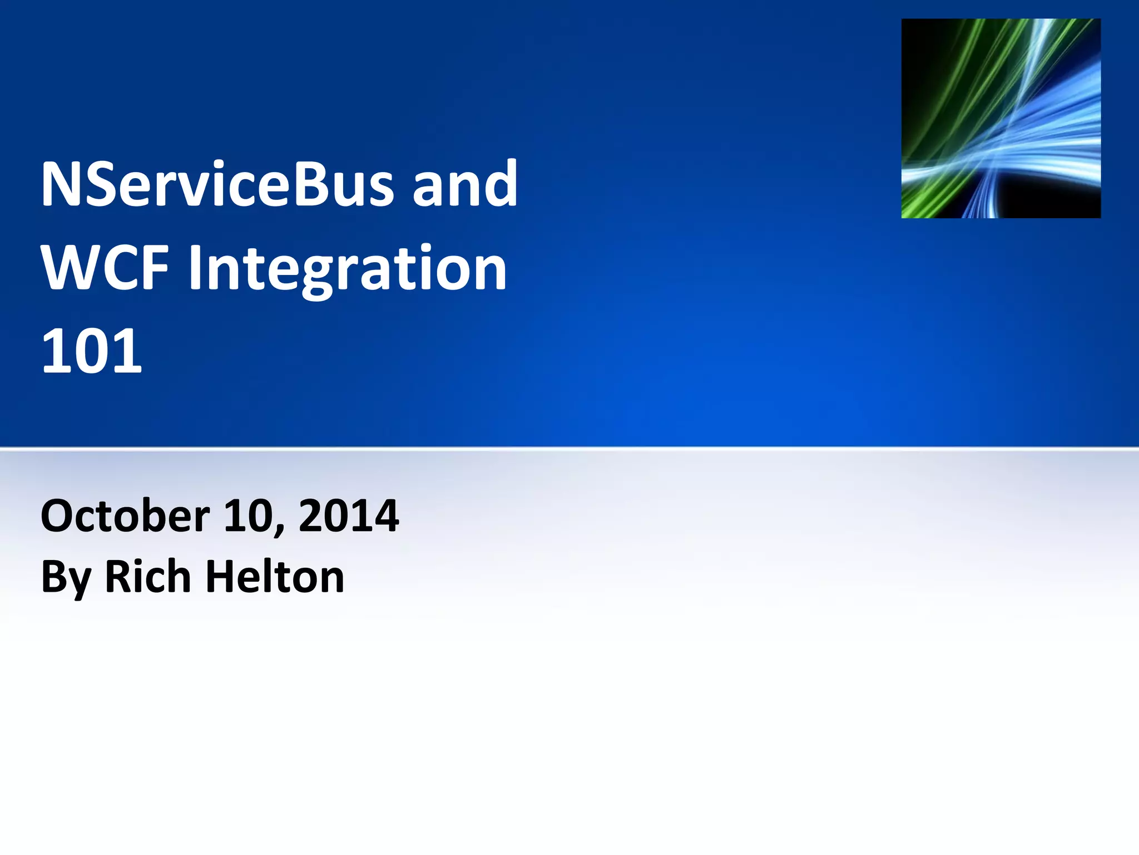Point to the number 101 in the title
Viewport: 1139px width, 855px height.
coord(92,352)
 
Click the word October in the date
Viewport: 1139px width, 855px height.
coord(125,516)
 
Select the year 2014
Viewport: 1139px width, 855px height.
coord(349,516)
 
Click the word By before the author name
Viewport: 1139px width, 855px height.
coord(66,578)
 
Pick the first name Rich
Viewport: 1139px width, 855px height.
coord(148,577)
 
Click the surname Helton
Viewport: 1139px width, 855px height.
coord(275,577)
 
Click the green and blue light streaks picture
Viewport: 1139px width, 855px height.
coord(1001,118)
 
